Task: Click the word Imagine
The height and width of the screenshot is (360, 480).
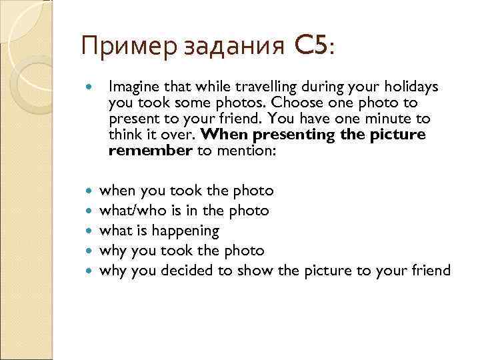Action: (x=133, y=87)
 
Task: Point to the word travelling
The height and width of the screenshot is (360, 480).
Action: (x=254, y=87)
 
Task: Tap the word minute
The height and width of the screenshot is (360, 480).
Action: (x=392, y=119)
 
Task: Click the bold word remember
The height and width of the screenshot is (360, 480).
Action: (x=150, y=151)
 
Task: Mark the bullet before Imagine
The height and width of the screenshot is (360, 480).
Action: (x=91, y=87)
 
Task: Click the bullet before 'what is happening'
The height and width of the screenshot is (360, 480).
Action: (x=91, y=231)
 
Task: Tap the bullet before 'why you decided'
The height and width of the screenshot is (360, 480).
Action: (x=91, y=271)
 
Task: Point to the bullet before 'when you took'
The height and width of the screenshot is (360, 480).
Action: (x=91, y=191)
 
